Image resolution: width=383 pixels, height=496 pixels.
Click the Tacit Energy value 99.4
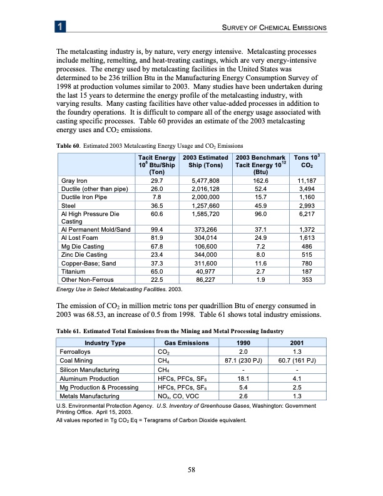click(157, 231)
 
